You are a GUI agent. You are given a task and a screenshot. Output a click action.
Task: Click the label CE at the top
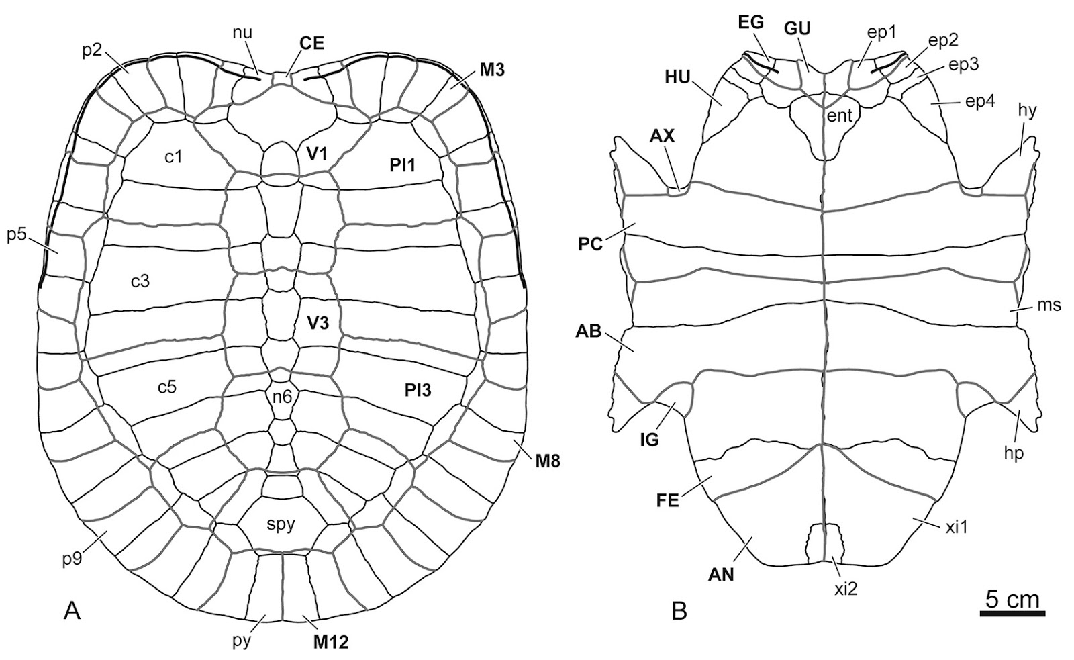coord(311,44)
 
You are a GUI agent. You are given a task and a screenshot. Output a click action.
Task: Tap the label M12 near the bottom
coord(330,643)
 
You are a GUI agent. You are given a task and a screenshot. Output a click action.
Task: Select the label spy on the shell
coord(281,524)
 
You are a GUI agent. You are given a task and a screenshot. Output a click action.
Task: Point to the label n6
coord(282,397)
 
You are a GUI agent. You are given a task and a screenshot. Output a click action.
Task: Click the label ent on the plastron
coord(840,115)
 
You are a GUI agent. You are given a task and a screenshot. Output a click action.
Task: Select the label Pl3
coord(417,390)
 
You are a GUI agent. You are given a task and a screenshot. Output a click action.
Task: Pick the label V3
coord(318,323)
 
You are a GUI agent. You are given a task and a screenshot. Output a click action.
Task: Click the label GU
coord(797,28)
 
